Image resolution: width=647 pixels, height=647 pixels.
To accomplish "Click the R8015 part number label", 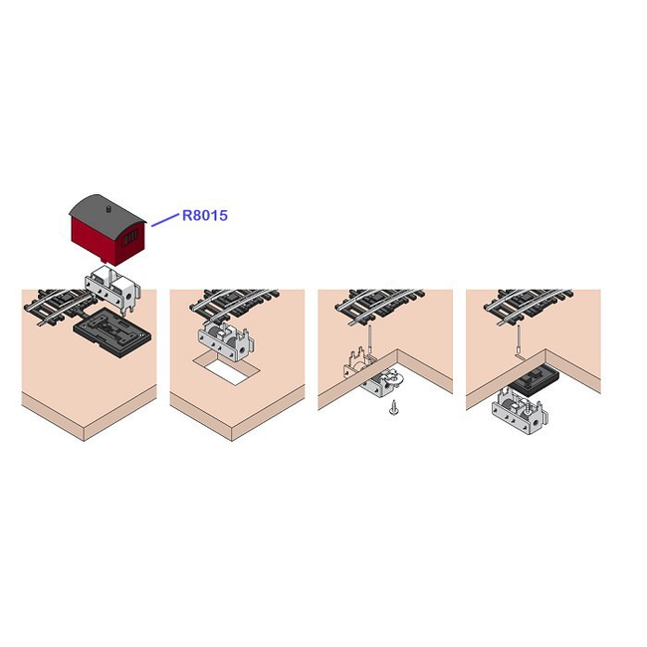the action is (x=205, y=215).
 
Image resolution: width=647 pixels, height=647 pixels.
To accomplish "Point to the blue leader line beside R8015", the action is (x=165, y=220).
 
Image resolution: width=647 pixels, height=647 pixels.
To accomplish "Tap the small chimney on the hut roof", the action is (x=108, y=209).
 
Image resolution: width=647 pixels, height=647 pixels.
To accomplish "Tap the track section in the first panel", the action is (x=58, y=306).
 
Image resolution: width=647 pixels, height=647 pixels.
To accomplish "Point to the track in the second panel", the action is (x=234, y=303).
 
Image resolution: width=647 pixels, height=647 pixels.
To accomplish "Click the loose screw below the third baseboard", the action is (x=393, y=408).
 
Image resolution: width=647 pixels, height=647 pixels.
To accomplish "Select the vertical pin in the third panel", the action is (x=370, y=339).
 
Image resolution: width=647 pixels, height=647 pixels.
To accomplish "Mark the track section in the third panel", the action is (x=379, y=305).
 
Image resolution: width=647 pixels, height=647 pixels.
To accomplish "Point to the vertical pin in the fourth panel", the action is (x=519, y=338).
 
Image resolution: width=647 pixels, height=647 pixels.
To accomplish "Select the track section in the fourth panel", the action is (x=528, y=305).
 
